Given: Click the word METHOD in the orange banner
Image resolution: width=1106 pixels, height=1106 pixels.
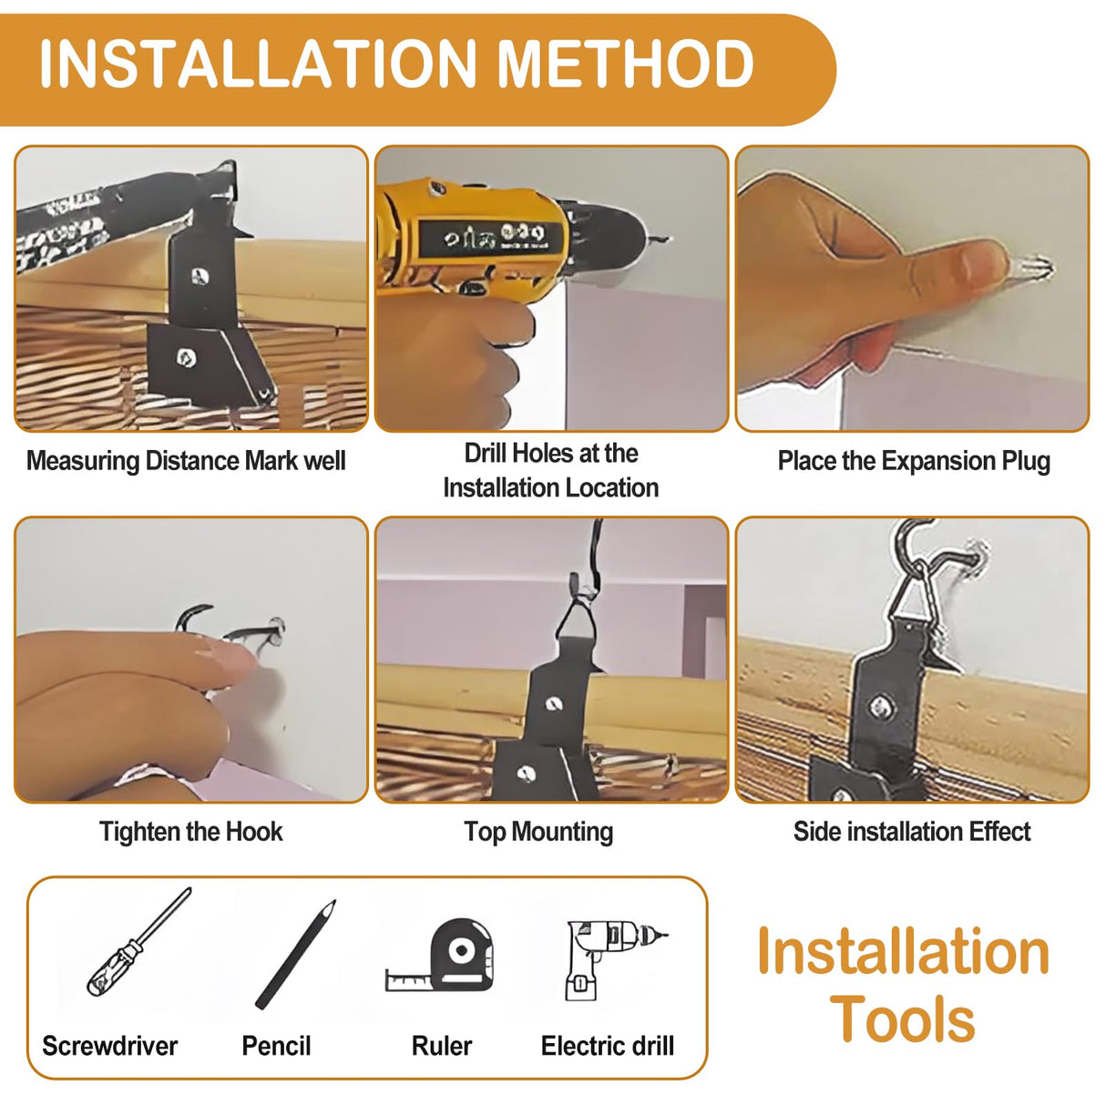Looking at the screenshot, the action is click(x=626, y=63).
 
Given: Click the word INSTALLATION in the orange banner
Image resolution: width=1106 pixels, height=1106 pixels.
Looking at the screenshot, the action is click(x=258, y=63).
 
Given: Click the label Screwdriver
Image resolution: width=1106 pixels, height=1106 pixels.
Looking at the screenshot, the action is click(x=109, y=1046).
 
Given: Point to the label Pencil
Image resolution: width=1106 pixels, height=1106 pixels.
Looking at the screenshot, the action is click(x=276, y=1046).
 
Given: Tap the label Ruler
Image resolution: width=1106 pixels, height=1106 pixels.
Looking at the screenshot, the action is click(x=441, y=1046).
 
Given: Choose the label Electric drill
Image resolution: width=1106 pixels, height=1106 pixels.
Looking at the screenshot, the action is click(x=608, y=1046).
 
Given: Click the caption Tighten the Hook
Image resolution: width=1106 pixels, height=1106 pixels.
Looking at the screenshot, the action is click(x=191, y=832).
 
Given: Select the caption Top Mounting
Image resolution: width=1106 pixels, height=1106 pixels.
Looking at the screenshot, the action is click(x=538, y=832).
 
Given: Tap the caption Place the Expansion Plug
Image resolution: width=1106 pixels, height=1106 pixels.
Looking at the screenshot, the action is click(x=914, y=462).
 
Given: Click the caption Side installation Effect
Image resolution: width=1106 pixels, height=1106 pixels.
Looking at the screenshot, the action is click(x=912, y=832).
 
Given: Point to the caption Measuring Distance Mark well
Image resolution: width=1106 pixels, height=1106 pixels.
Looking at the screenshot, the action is click(x=186, y=462).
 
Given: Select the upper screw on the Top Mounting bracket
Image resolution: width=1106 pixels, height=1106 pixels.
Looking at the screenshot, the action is click(x=552, y=702).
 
